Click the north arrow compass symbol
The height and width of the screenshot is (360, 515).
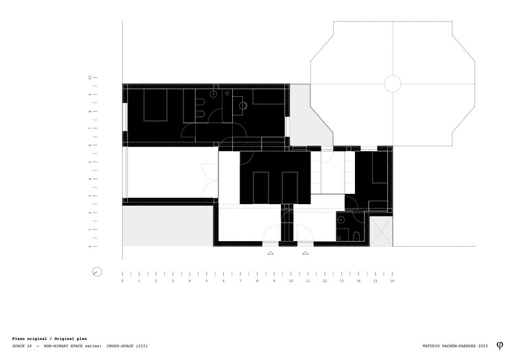click(98, 271)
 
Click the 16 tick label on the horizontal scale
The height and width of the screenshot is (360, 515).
click(392, 281)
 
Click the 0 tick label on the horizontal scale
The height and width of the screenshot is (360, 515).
click(122, 281)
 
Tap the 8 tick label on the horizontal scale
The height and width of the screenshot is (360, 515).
click(257, 281)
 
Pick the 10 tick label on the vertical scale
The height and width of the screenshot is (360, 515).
click(90, 78)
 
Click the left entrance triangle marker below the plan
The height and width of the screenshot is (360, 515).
click(270, 253)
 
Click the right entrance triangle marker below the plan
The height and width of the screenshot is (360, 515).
click(305, 253)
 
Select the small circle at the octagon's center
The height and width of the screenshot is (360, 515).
click(393, 84)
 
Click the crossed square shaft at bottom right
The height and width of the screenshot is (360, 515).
click(382, 232)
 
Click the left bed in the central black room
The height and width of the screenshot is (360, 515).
click(261, 187)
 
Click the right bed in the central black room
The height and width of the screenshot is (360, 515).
click(289, 187)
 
